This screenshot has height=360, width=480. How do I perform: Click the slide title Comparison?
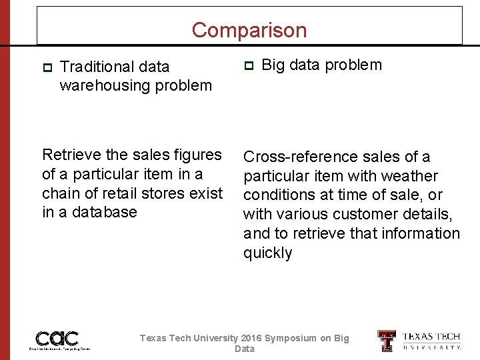pyautogui.click(x=249, y=30)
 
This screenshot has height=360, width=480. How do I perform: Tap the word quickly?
pyautogui.click(x=268, y=253)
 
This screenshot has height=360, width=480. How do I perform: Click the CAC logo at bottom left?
pyautogui.click(x=58, y=339)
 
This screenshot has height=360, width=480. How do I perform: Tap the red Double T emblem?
pyautogui.click(x=387, y=341)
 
